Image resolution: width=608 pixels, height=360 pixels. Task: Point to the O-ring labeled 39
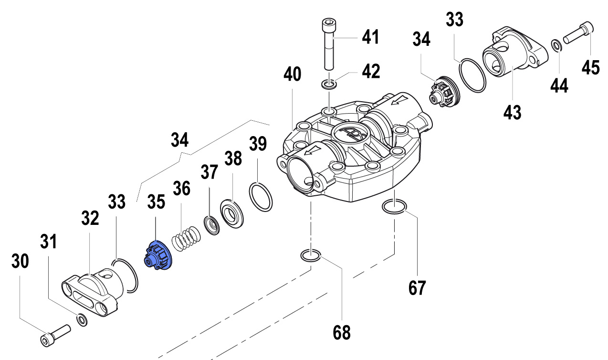tap(261, 196)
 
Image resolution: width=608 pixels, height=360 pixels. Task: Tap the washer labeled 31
tap(82, 319)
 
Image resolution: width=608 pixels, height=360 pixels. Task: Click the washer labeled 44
tap(556, 45)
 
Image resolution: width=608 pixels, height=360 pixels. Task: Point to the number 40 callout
tap(293, 74)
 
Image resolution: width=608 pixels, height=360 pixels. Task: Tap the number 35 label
tap(157, 201)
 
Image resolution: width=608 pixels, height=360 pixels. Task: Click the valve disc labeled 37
tap(211, 224)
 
